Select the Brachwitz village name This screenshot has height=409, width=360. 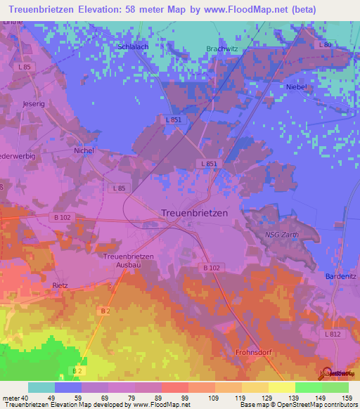click(x=222, y=48)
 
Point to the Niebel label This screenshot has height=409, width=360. click(x=297, y=86)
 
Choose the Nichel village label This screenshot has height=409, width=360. click(x=84, y=150)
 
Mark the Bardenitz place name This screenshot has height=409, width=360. click(x=341, y=276)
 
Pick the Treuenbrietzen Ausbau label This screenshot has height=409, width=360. click(x=128, y=260)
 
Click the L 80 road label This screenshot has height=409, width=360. click(x=324, y=45)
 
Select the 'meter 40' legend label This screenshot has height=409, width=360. click(x=14, y=398)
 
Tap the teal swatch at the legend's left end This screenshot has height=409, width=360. click(x=41, y=387)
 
